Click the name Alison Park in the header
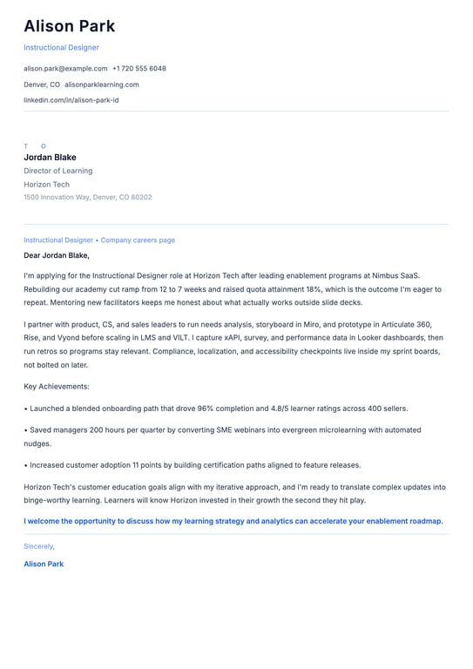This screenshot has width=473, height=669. tap(69, 27)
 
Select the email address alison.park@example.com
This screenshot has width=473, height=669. tap(65, 69)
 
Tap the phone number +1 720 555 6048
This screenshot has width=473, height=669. tap(139, 69)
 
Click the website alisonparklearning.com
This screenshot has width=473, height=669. tap(102, 84)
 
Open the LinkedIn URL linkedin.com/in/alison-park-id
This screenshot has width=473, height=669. tap(71, 100)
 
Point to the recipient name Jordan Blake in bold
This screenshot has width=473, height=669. tap(50, 158)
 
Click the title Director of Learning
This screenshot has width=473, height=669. tap(57, 171)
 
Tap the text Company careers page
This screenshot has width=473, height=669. tap(138, 240)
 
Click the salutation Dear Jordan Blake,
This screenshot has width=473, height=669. tap(57, 256)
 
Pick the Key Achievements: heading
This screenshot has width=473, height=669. tap(57, 386)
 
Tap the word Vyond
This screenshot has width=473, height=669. tap(74, 337)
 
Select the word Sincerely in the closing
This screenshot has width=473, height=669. tap(38, 546)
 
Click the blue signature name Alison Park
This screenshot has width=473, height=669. tap(44, 564)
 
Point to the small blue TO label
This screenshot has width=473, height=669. tap(35, 146)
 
